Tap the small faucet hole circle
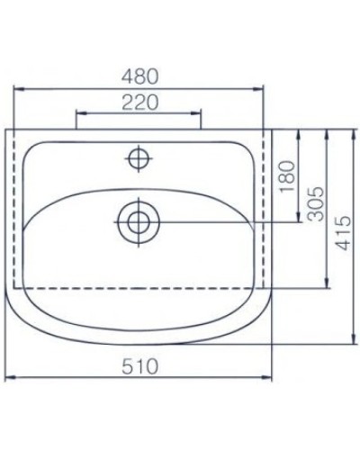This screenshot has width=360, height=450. click(x=139, y=159)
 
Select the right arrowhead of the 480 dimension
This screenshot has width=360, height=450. click(x=265, y=88)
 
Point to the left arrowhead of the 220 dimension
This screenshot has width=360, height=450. click(x=78, y=113)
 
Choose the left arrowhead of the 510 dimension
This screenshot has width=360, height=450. click(x=11, y=378)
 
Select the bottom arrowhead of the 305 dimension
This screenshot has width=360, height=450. click(x=324, y=285)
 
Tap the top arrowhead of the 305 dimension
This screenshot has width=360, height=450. click(x=324, y=132)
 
